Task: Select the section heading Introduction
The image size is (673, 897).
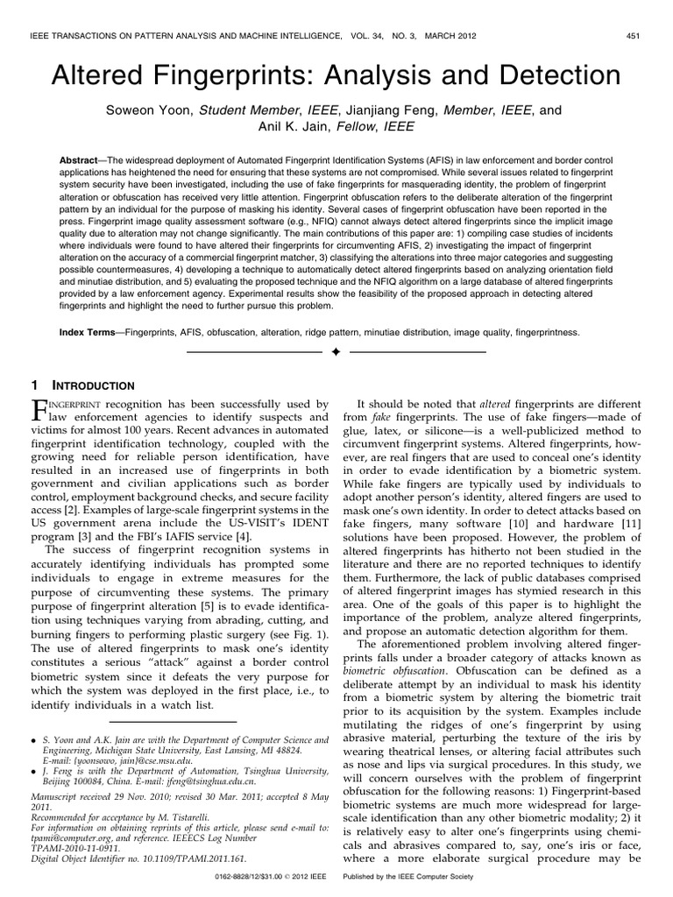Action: click(x=95, y=385)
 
